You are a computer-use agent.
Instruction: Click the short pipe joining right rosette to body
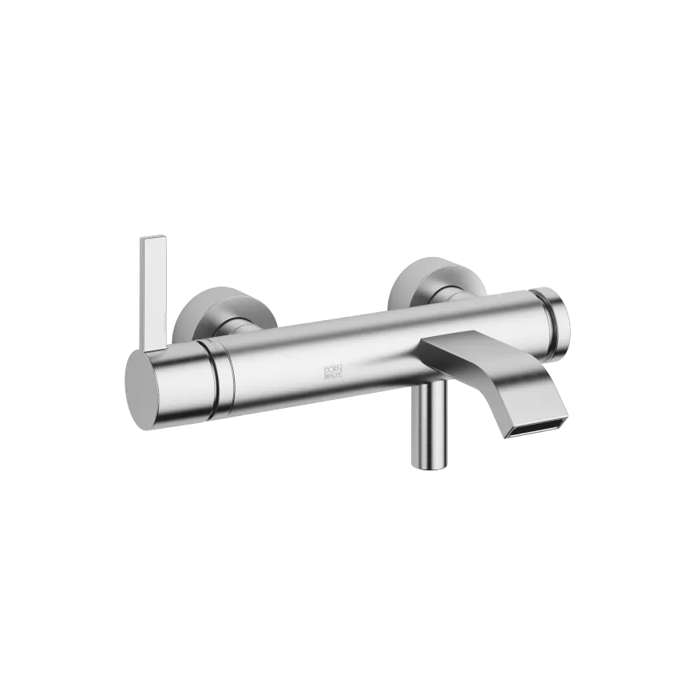coord(451,296)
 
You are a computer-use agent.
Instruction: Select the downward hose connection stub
coord(430,423)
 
